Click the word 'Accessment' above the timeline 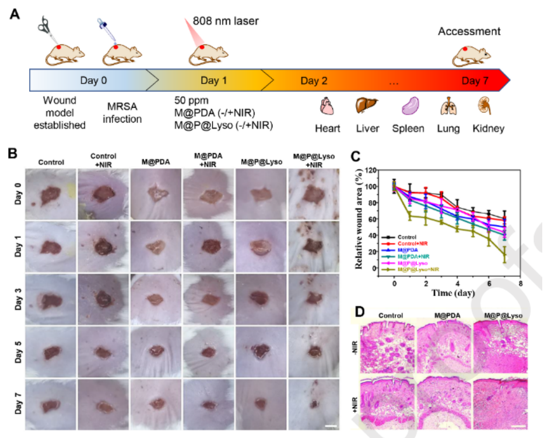tap(469, 31)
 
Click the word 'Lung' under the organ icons tap(448, 128)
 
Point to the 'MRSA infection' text tap(124, 113)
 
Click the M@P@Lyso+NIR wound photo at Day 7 tap(315, 404)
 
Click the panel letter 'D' tap(360, 310)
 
